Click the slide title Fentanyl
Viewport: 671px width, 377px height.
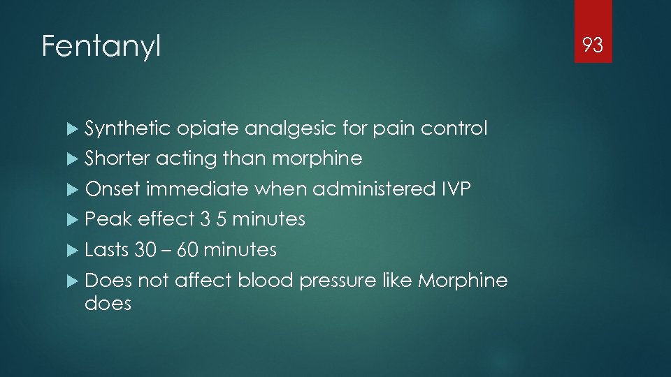point(101,47)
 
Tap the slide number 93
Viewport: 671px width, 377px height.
point(593,46)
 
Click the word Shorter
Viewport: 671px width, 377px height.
point(117,159)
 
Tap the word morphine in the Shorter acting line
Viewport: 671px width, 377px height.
point(317,159)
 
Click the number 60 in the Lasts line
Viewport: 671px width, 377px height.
point(188,250)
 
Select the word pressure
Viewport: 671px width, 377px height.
point(338,281)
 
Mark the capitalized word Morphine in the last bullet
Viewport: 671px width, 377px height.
point(463,280)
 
